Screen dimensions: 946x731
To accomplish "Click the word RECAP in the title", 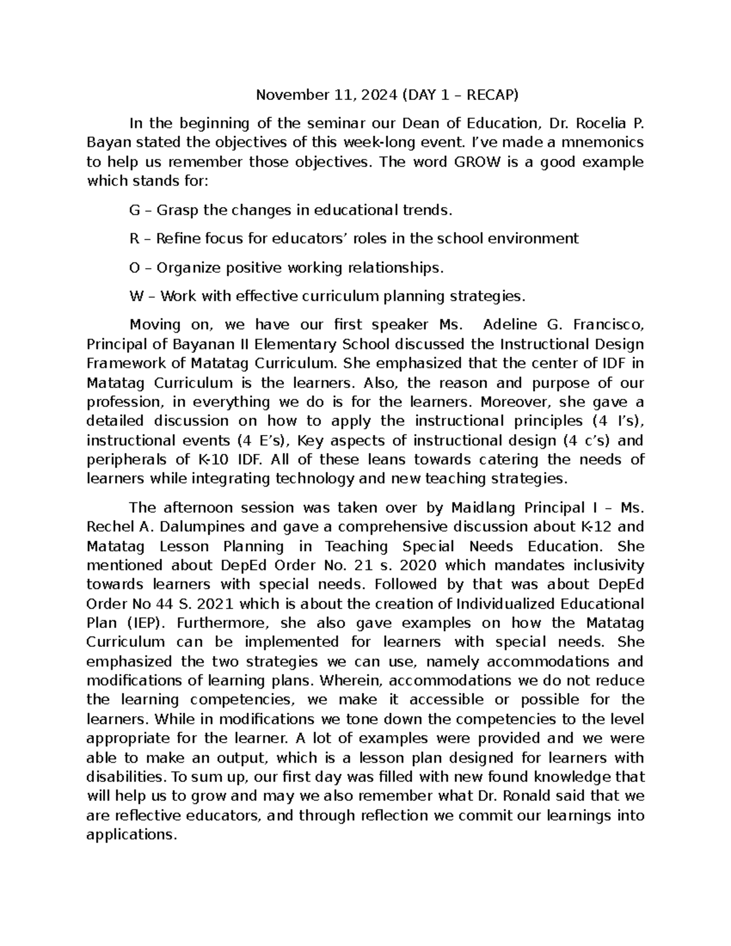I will pyautogui.click(x=494, y=95).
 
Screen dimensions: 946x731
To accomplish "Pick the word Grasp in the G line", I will pyautogui.click(x=177, y=211).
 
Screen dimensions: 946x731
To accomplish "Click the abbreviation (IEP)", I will pyautogui.click(x=145, y=623).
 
